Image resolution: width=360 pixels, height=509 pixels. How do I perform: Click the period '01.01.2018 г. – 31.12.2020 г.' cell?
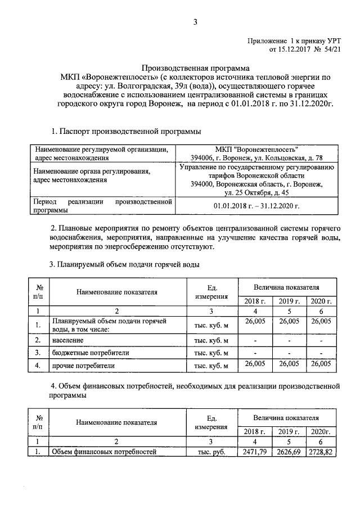coord(256,206)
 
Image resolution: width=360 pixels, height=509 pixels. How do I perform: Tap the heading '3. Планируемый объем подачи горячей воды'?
coord(124,264)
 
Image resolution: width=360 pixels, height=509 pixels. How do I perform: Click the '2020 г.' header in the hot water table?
coord(321,301)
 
